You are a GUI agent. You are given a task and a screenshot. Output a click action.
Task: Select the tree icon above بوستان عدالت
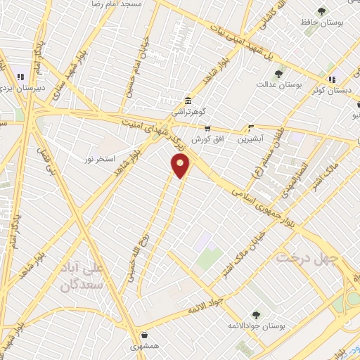pos(279,73)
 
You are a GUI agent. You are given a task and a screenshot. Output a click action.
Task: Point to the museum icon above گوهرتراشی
pos(187,100)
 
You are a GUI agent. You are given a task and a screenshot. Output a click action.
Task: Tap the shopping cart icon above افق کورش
pos(207,129)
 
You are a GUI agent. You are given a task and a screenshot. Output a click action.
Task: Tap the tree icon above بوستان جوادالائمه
pos(255,316)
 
